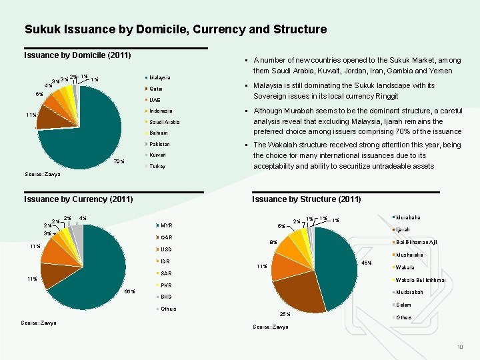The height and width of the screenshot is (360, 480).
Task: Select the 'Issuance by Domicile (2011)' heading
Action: click(77, 55)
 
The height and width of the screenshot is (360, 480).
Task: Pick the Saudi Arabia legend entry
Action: click(164, 122)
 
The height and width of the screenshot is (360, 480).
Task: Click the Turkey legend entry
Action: click(157, 166)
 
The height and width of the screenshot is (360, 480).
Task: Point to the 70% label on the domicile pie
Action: click(119, 161)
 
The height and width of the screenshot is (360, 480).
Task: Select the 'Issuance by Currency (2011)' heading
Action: click(78, 199)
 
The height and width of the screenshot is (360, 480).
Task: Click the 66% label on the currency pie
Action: click(130, 291)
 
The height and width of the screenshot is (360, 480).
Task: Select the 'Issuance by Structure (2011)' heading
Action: click(306, 199)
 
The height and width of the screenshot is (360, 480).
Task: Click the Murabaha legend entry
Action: click(409, 218)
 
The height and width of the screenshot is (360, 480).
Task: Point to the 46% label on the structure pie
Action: click(366, 263)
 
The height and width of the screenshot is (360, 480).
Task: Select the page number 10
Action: click(459, 348)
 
